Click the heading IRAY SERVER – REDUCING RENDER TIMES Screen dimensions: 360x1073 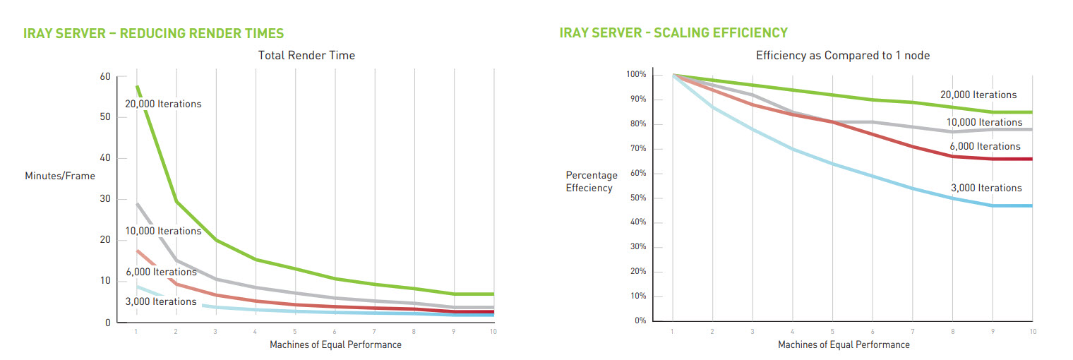pos(153,33)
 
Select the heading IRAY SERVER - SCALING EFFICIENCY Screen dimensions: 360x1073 pos(673,32)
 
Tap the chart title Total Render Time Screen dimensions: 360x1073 pos(306,54)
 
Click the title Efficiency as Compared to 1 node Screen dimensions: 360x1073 pos(843,55)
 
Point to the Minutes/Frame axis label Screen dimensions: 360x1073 pos(60,176)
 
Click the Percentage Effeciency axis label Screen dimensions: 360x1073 pos(592,181)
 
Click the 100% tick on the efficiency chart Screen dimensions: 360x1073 pos(635,75)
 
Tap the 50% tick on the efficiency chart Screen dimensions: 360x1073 pos(637,198)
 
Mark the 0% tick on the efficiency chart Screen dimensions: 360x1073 pos(640,320)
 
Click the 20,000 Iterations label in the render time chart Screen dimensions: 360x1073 pos(163,104)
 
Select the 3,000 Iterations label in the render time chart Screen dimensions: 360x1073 pos(161,301)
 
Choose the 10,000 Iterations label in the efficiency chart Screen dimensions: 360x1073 pos(984,122)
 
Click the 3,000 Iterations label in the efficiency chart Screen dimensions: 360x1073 pos(987,188)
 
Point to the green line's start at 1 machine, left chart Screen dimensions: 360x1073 pos(136,87)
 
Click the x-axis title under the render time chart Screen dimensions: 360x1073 pos(335,344)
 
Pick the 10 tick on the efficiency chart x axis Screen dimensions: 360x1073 pos(1032,331)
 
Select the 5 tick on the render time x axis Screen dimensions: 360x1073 pos(295,331)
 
